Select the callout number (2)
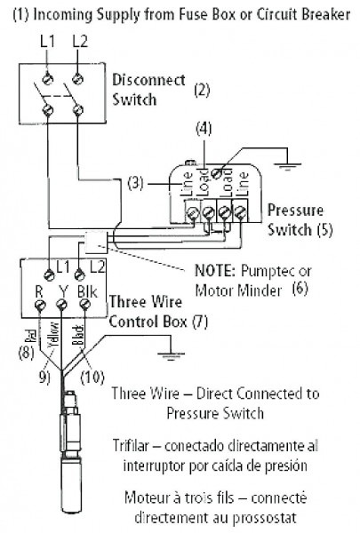coord(202,90)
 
